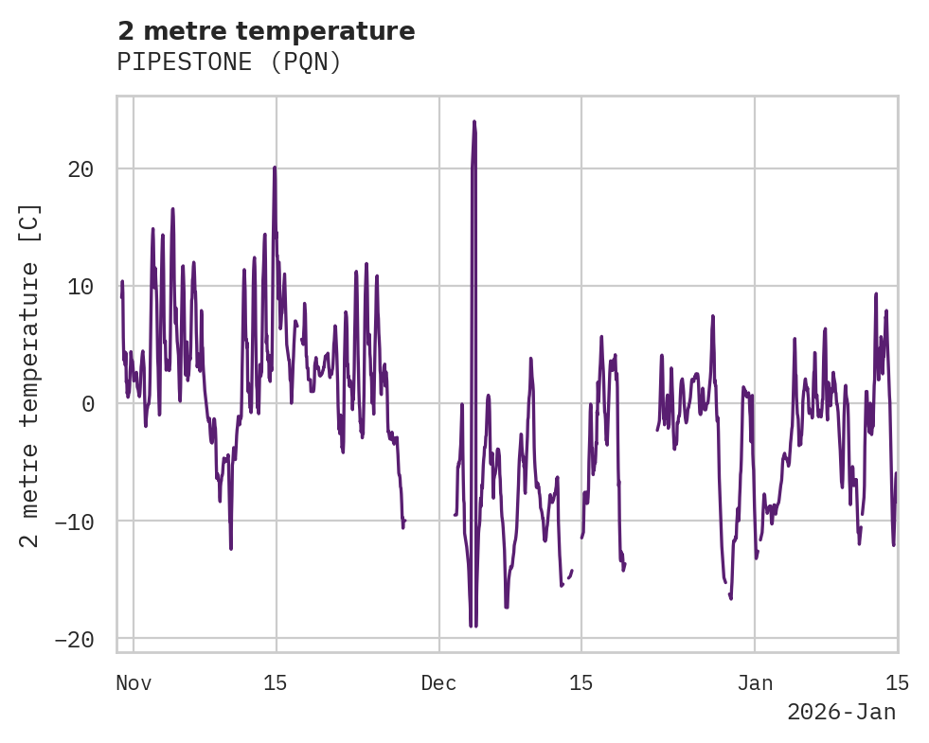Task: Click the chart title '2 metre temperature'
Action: click(x=266, y=31)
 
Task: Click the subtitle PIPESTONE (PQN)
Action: click(x=228, y=62)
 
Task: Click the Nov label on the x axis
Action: click(x=134, y=683)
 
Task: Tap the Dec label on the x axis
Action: click(x=439, y=683)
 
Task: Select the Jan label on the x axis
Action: click(x=755, y=683)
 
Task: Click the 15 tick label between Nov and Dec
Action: click(x=276, y=683)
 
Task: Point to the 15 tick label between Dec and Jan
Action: click(x=581, y=683)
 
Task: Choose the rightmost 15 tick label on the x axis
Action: click(x=897, y=683)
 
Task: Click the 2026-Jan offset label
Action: click(x=841, y=713)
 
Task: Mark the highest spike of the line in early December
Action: click(x=473, y=122)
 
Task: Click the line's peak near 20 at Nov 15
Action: click(x=275, y=168)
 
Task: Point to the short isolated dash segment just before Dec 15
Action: click(x=570, y=575)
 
